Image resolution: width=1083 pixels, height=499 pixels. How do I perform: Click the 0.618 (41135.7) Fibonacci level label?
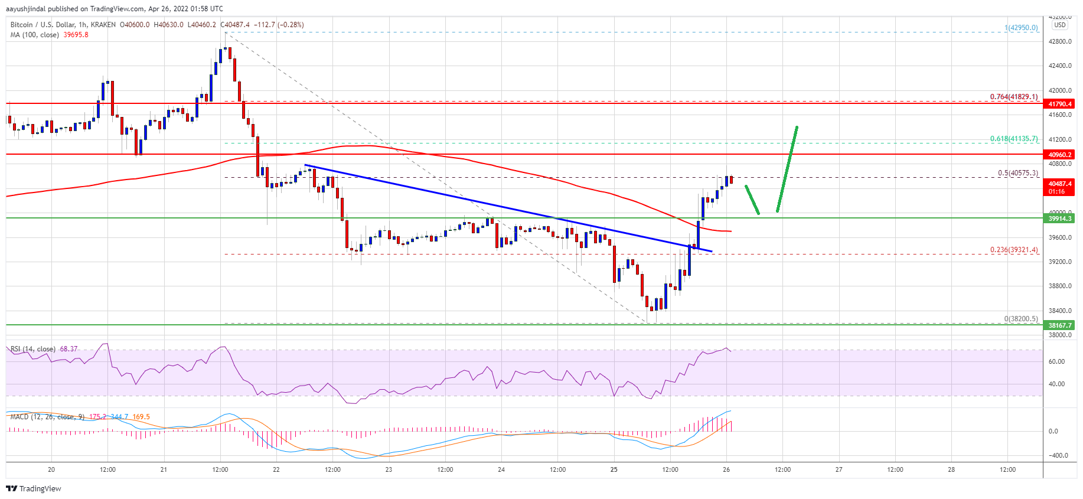pos(1013,139)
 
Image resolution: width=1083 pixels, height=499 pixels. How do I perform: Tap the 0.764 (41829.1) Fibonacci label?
pos(1013,97)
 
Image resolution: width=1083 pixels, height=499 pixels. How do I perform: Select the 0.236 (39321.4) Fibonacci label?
pos(1013,250)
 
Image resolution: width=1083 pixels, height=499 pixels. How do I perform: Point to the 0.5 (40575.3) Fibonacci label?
pos(1017,173)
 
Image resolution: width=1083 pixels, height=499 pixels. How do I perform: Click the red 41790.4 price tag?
pos(1060,104)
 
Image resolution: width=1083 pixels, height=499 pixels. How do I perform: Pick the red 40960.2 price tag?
pos(1060,155)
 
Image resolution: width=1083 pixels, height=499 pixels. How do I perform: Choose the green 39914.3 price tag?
pos(1060,218)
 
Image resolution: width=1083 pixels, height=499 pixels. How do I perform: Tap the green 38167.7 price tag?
pos(1060,325)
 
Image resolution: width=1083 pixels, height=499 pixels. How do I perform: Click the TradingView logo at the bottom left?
pos(34,488)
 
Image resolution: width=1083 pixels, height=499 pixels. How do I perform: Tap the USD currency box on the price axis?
pos(1060,25)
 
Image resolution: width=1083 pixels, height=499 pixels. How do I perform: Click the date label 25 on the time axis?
pos(614,469)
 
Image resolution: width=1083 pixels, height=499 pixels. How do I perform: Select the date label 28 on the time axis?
pos(951,469)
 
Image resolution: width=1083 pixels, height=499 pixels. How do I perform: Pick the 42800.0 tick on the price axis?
pos(1060,41)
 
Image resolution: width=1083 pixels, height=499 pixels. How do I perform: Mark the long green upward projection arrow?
pos(787,168)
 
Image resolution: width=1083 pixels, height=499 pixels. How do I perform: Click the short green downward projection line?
pos(752,200)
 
